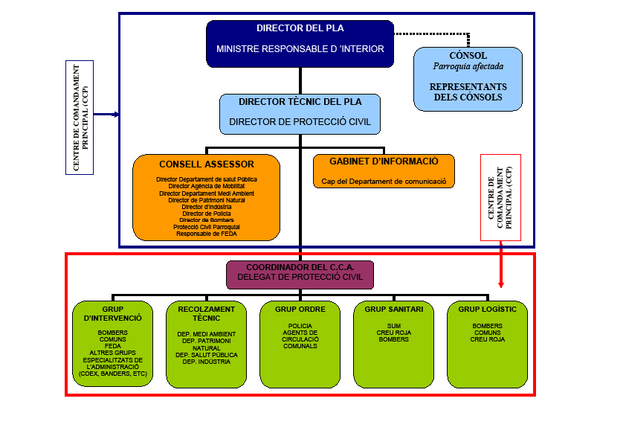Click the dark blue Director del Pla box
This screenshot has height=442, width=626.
(x=300, y=43)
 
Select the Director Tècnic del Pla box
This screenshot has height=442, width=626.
(x=301, y=113)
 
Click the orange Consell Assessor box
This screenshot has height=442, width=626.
(x=206, y=196)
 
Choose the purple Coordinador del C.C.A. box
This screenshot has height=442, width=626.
(x=300, y=274)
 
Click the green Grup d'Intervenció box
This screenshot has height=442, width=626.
(x=113, y=344)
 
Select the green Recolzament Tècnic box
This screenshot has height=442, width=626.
(x=206, y=344)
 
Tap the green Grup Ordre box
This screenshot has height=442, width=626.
(x=300, y=344)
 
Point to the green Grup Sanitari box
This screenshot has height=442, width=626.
(x=393, y=344)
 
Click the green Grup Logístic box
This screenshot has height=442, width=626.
(x=487, y=344)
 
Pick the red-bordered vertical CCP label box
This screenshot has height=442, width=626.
(x=500, y=197)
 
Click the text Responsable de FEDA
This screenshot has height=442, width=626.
(x=206, y=234)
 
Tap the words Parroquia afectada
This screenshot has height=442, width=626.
(x=468, y=66)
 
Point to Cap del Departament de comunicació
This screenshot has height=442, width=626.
(x=383, y=181)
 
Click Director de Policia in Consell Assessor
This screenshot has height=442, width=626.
(x=206, y=214)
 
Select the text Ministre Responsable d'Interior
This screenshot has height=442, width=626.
(x=300, y=49)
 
